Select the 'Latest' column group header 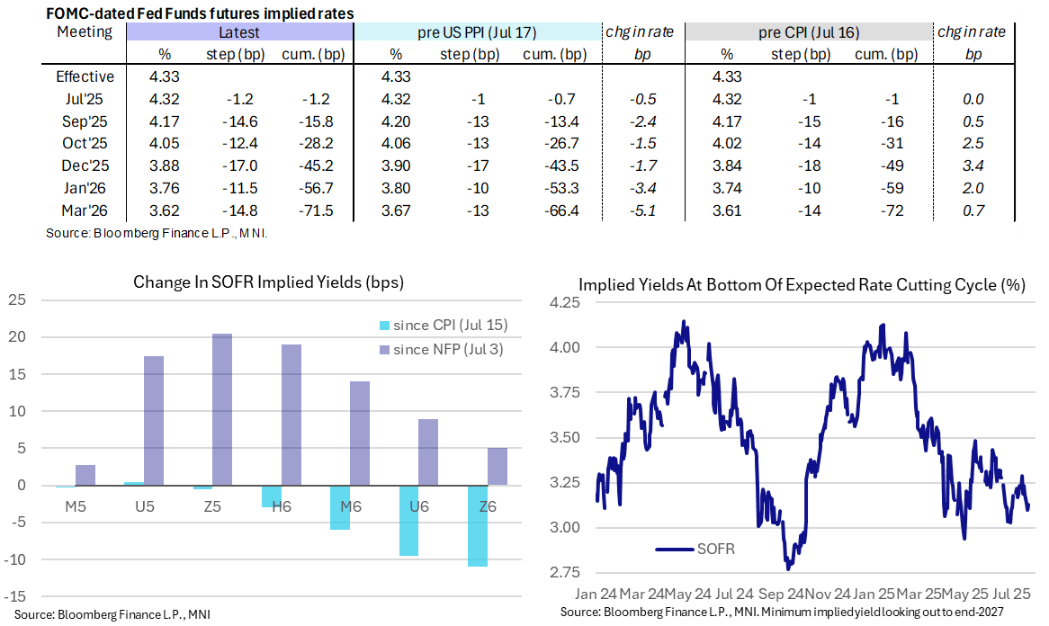[239, 32]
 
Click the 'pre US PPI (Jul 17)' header [477, 32]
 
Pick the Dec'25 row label [85, 165]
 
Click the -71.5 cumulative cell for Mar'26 [299, 210]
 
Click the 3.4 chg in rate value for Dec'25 [973, 165]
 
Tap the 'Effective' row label [85, 76]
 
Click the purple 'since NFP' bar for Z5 [221, 409]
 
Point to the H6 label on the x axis [282, 506]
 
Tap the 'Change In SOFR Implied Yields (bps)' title [268, 282]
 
